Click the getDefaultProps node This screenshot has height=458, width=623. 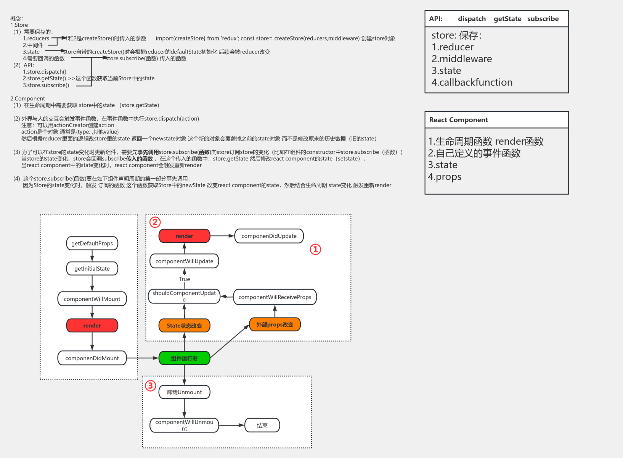(92, 244)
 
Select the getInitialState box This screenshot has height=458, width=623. (92, 269)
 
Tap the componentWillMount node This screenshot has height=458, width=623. (92, 299)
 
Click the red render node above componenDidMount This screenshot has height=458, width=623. (92, 326)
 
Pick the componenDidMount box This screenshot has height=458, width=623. (92, 358)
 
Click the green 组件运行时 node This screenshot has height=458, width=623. (184, 358)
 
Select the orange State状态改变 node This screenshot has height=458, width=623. (184, 326)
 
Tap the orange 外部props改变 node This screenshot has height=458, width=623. (275, 324)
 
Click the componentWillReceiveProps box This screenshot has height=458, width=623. (275, 297)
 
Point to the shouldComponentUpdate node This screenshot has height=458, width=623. (184, 296)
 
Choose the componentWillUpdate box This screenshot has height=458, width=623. (184, 261)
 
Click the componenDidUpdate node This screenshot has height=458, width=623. (269, 236)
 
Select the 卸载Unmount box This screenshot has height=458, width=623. (184, 392)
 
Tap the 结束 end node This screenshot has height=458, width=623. (262, 425)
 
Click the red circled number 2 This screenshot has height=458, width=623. (155, 222)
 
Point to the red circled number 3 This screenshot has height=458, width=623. (151, 385)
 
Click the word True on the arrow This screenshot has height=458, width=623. (185, 279)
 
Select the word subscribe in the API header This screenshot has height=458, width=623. (543, 19)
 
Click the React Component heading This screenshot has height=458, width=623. (458, 120)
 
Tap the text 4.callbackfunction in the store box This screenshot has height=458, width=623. (472, 82)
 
